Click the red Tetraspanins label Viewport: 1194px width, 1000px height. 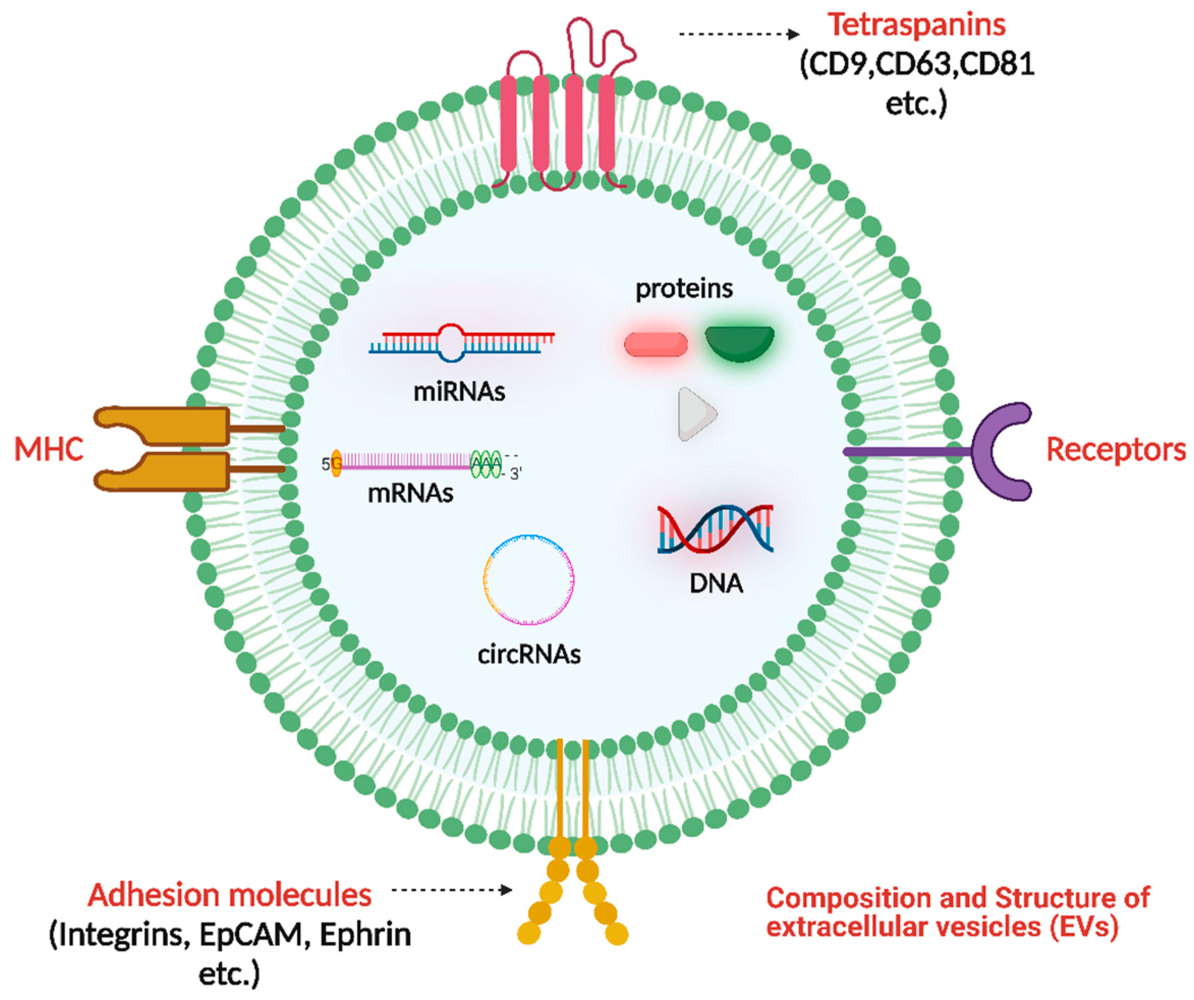tap(916, 25)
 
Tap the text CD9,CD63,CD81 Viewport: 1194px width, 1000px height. tap(917, 65)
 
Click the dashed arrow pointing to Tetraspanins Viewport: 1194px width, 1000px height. tap(739, 34)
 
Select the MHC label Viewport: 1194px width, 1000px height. tap(49, 450)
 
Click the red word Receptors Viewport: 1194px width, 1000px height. tap(1116, 450)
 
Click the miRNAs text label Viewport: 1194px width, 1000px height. tap(459, 392)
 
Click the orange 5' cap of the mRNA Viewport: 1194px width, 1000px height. tap(336, 464)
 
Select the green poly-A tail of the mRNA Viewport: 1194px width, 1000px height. tap(487, 464)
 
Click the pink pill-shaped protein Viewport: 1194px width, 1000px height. tap(656, 345)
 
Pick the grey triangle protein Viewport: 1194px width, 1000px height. tap(695, 414)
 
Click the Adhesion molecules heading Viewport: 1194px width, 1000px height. tap(230, 895)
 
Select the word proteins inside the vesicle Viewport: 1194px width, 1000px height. tap(684, 289)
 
